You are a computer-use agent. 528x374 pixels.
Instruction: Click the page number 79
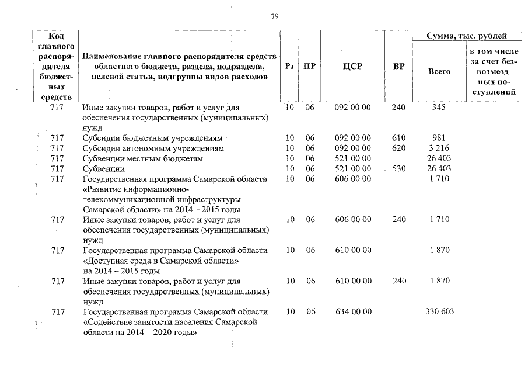[275, 16]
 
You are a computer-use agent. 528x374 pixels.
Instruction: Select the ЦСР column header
[352, 67]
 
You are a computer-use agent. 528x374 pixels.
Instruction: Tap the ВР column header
[398, 67]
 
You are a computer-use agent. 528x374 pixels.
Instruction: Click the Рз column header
[289, 67]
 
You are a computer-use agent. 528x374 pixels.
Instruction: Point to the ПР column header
[310, 67]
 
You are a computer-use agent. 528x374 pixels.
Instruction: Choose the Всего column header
[439, 71]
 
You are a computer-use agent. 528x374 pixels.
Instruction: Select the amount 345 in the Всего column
[439, 108]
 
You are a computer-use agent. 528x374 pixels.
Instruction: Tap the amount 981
[439, 138]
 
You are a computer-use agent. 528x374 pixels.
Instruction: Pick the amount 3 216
[439, 148]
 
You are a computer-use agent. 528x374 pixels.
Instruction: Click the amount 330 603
[440, 311]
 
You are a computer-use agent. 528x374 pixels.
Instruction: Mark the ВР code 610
[398, 138]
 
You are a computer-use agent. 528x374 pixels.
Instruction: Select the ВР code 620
[398, 148]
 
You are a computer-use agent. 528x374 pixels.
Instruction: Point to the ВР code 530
[398, 168]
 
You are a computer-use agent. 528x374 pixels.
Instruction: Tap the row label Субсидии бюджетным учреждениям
[152, 138]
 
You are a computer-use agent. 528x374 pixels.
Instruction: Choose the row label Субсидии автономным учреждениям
[153, 148]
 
